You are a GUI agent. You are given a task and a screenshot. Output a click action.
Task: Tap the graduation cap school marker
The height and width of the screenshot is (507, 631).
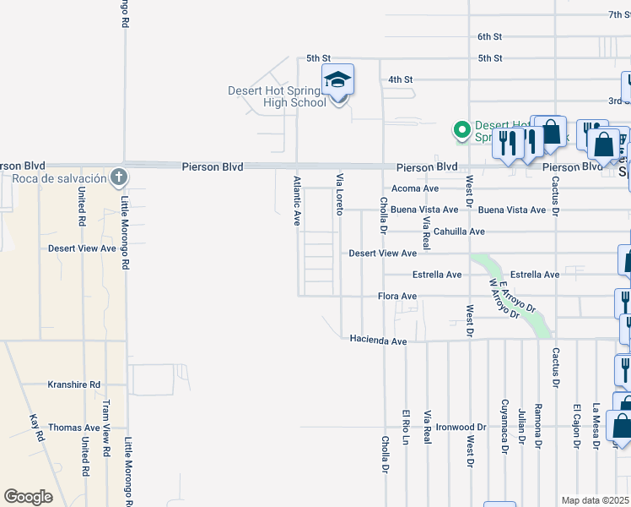[338, 81]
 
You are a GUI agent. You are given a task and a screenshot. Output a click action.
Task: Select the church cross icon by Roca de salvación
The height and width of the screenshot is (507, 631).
[119, 177]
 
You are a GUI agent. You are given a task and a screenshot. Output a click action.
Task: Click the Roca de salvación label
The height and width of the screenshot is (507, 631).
[59, 178]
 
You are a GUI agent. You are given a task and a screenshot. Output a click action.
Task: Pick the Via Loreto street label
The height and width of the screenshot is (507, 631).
[340, 194]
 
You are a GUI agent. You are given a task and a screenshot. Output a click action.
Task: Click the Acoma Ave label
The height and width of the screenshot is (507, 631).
[414, 188]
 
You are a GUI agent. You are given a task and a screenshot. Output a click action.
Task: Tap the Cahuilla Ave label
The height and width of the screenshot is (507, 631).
[459, 232]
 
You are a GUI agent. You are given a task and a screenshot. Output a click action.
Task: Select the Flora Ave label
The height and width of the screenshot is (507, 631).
[397, 297]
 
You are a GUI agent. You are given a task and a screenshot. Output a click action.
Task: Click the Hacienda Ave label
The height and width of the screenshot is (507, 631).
[379, 340]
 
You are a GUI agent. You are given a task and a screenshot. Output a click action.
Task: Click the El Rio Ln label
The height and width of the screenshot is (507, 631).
[406, 452]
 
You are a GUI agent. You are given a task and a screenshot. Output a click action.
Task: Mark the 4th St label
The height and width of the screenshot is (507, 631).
[400, 79]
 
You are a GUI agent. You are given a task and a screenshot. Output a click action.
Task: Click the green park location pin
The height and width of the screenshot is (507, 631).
[461, 130]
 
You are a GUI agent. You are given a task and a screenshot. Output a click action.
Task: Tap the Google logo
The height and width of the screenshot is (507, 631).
[28, 497]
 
